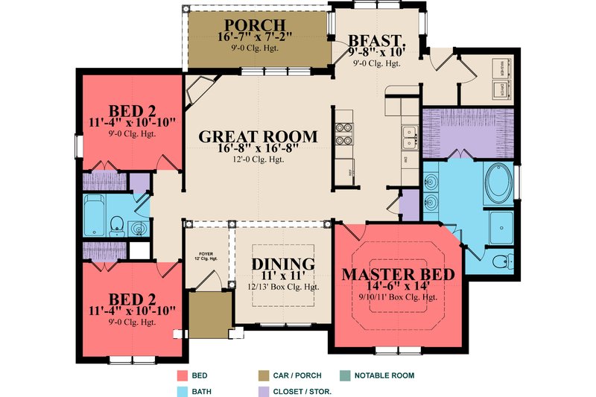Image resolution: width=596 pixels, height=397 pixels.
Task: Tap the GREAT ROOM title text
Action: pyautogui.click(x=258, y=137)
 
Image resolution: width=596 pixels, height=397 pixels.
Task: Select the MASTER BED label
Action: pyautogui.click(x=397, y=274)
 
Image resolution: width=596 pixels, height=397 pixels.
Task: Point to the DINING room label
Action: pyautogui.click(x=282, y=264)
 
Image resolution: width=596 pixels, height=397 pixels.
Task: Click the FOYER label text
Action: pyautogui.click(x=203, y=255)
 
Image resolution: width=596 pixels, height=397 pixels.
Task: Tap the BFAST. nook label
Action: pyautogui.click(x=377, y=39)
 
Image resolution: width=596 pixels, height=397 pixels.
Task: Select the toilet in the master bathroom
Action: pyautogui.click(x=503, y=261)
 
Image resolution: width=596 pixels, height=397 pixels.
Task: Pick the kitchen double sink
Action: pyautogui.click(x=408, y=137)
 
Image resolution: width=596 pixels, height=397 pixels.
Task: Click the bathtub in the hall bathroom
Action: pyautogui.click(x=95, y=215)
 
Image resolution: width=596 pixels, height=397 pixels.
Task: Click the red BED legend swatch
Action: pyautogui.click(x=183, y=376)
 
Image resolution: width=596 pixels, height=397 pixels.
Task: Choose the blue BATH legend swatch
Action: pyautogui.click(x=183, y=390)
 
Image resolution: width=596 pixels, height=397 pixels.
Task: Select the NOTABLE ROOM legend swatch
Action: pyautogui.click(x=345, y=376)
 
